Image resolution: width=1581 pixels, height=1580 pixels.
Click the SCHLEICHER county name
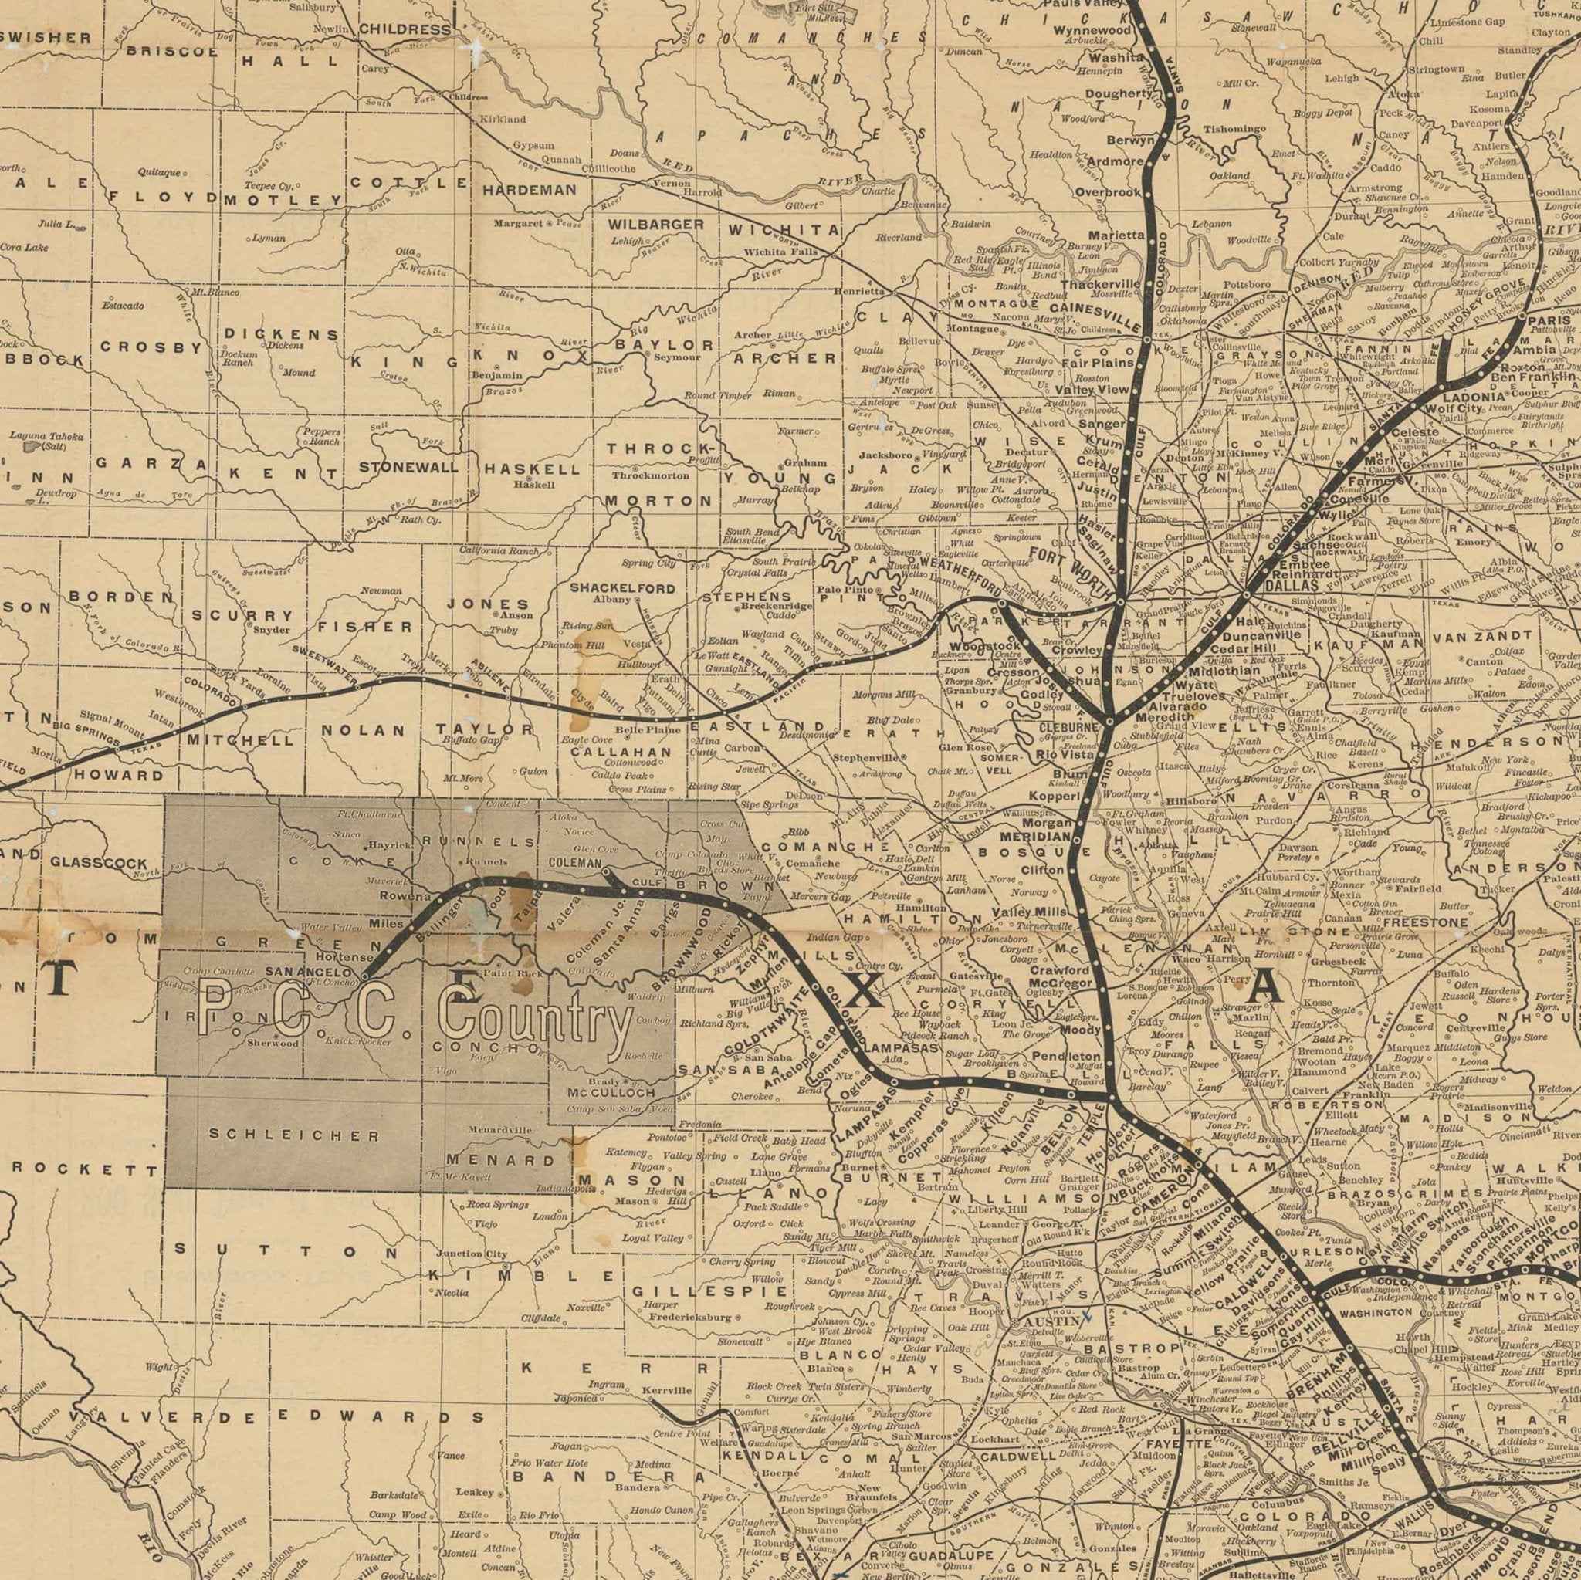295,1135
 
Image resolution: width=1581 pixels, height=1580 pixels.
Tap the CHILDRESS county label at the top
405,29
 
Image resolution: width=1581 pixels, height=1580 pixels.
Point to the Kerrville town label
667,1389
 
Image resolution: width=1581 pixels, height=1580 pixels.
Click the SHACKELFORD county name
623,587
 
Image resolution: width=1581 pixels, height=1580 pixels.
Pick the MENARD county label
501,1159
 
